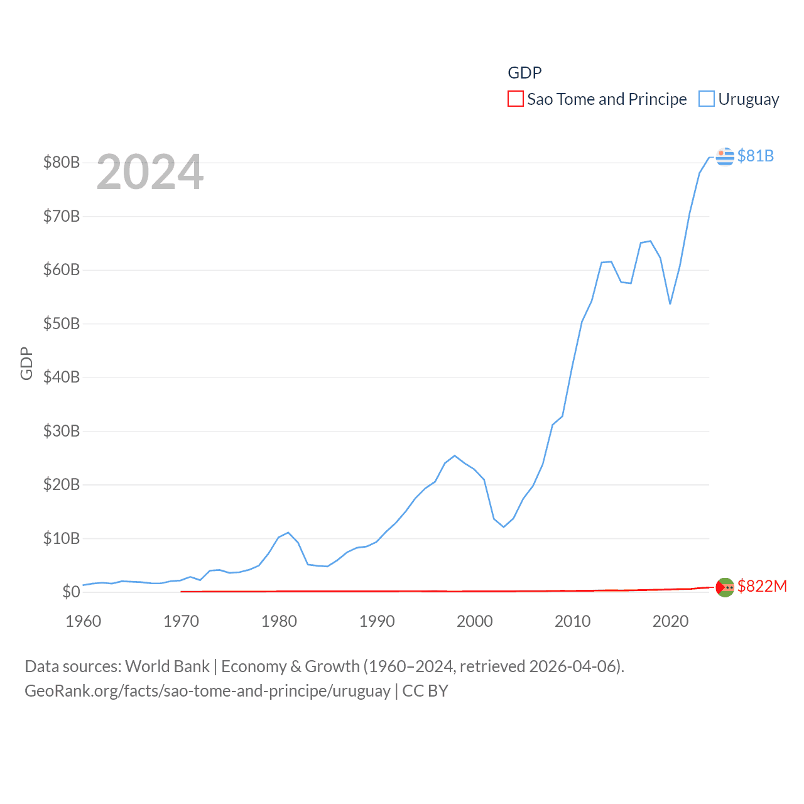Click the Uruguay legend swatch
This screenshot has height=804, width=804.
point(707,99)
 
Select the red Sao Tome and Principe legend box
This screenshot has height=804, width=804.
point(516,99)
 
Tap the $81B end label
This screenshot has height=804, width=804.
point(755,156)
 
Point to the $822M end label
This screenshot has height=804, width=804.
point(762,586)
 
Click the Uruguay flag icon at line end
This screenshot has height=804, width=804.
point(725,156)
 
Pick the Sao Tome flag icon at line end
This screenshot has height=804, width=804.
point(725,587)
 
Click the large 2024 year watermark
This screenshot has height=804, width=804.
point(150,172)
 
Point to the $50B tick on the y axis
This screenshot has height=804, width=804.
point(62,323)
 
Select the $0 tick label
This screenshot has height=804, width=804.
point(71,592)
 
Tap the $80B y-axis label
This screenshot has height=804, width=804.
point(62,162)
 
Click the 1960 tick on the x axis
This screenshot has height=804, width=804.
point(84,621)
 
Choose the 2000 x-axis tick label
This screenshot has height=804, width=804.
point(475,621)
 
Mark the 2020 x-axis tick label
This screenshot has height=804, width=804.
point(670,621)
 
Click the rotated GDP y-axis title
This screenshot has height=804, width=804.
point(26,363)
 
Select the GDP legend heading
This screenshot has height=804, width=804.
point(524,73)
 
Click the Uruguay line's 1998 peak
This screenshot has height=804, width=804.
point(455,455)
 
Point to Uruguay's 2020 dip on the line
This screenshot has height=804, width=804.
point(670,304)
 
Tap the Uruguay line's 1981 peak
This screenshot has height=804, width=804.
point(288,533)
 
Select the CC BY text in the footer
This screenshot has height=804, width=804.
point(425,691)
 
